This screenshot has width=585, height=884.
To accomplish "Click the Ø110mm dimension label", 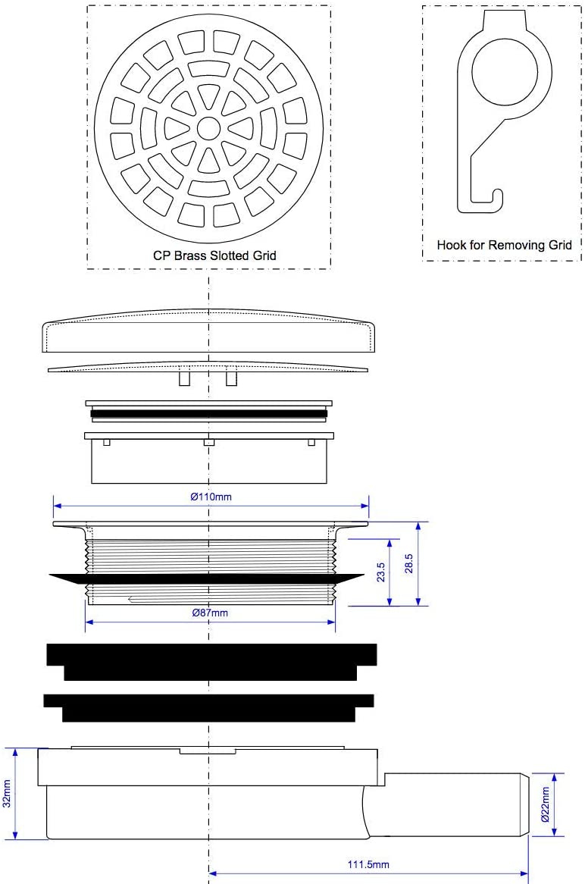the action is [211, 497].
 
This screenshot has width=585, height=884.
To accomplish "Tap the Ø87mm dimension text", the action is [210, 613].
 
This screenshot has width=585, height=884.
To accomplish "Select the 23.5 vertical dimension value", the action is [381, 572].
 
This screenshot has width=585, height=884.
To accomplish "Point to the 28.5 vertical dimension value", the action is [408, 563].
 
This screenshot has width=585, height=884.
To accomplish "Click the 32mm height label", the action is [7, 793].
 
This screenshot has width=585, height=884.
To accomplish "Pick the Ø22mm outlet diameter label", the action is [545, 804].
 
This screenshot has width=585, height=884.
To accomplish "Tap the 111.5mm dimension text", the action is [368, 864].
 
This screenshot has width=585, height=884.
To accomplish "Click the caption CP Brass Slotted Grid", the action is [214, 255].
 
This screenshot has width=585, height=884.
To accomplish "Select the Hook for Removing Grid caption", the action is [504, 245].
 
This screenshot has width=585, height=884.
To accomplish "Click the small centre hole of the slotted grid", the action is [208, 128].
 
